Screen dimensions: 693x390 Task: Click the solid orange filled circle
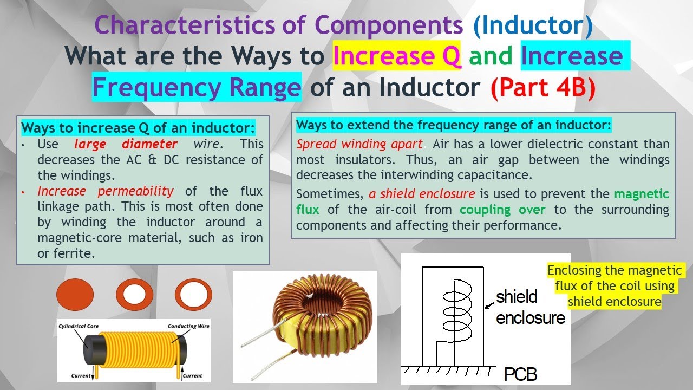[74, 295]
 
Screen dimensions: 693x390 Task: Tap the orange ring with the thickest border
[135, 295]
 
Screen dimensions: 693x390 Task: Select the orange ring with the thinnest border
[193, 295]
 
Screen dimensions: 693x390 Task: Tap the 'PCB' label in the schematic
[521, 374]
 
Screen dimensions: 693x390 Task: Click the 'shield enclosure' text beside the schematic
[529, 307]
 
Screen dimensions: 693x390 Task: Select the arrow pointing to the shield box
[489, 303]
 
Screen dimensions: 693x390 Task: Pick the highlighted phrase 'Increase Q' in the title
[397, 56]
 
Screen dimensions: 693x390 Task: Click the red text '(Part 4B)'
[543, 88]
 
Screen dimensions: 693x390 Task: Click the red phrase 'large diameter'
[126, 145]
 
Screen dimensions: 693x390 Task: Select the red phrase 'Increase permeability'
[106, 191]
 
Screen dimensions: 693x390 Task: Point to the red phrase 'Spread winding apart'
[359, 145]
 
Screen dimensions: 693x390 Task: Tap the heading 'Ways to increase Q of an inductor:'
[138, 129]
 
